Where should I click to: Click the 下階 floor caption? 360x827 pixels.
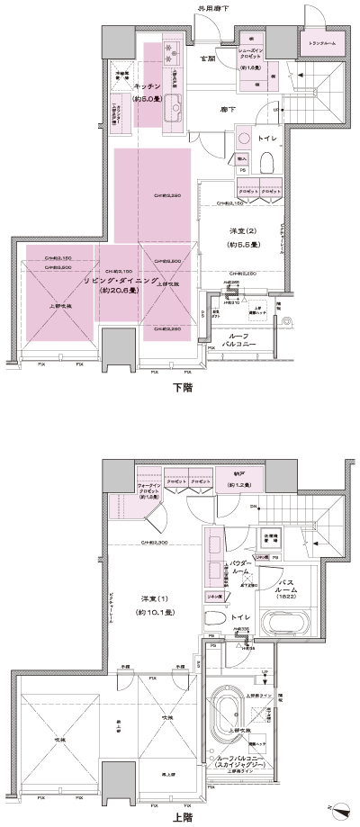coord(183,390)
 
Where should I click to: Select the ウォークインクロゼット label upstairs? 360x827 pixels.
coord(148,491)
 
